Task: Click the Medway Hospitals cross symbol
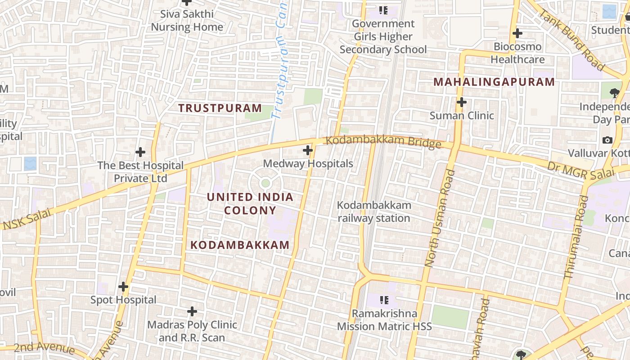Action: [x=308, y=150]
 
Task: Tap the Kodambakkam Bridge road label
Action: [x=383, y=142]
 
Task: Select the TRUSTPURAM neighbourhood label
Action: [x=220, y=108]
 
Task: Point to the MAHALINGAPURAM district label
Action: [x=494, y=82]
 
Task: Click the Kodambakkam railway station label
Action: [x=374, y=211]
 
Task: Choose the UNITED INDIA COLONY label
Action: [x=250, y=203]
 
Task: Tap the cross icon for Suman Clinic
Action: [x=461, y=102]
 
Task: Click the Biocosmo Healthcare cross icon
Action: [x=517, y=33]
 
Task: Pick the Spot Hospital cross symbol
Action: [x=123, y=286]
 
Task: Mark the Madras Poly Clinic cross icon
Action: [x=192, y=311]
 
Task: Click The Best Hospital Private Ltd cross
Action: [x=140, y=152]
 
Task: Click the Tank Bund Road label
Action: [x=572, y=40]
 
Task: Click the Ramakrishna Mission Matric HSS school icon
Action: [x=384, y=299]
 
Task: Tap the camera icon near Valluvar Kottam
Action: [x=607, y=140]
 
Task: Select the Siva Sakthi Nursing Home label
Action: [x=187, y=20]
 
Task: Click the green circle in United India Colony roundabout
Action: [x=265, y=183]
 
